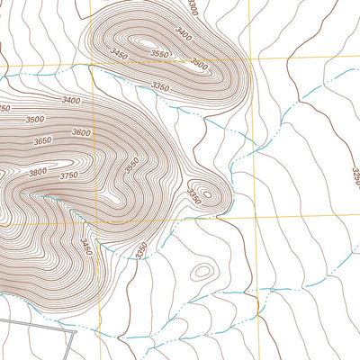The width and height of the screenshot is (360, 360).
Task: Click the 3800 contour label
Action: click(37, 172)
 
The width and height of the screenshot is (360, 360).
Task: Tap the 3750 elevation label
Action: click(68, 175)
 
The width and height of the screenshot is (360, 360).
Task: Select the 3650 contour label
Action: click(41, 141)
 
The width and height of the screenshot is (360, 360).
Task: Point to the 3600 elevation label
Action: click(81, 133)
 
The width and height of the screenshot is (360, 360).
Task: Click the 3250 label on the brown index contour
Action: click(355, 175)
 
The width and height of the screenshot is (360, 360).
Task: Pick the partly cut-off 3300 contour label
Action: click(192, 6)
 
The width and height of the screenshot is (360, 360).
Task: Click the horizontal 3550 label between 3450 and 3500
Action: click(159, 55)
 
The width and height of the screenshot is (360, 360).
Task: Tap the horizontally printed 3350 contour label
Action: click(160, 87)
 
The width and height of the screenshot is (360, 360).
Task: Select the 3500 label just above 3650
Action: click(35, 120)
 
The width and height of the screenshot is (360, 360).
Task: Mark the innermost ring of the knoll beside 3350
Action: click(207, 193)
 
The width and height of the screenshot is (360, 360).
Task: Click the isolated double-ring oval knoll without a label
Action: click(202, 270)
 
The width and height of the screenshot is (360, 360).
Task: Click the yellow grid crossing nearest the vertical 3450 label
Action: click(92, 220)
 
